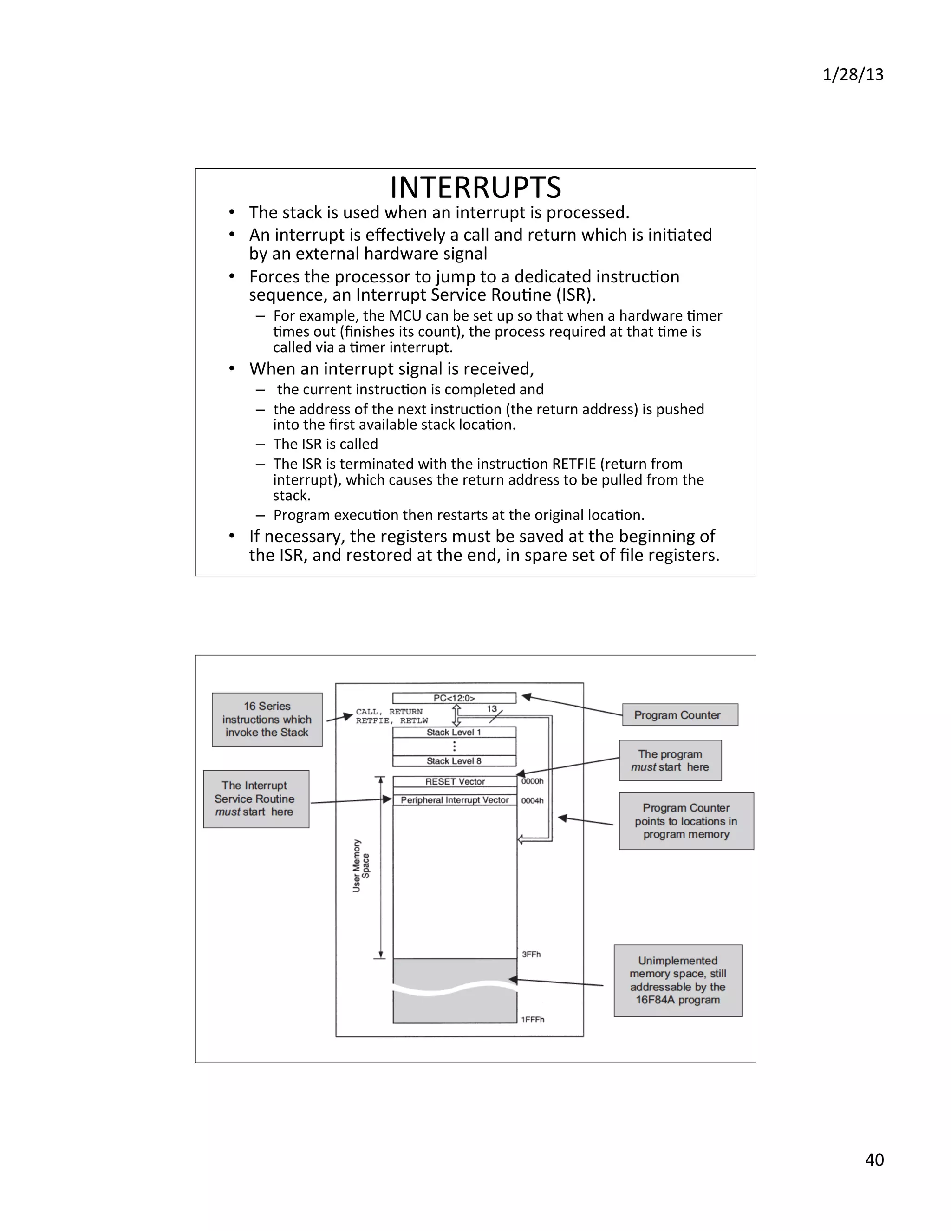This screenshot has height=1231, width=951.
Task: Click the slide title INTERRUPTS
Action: tap(475, 188)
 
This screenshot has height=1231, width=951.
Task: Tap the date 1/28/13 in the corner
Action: tap(853, 75)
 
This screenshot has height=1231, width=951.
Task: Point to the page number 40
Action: tap(874, 1159)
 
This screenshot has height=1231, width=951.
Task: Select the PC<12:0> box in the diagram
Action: tap(454, 698)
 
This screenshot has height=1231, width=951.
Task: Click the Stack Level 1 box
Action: tap(454, 732)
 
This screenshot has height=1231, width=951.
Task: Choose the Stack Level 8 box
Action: tap(454, 761)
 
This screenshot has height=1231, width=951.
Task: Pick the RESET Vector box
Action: tap(455, 782)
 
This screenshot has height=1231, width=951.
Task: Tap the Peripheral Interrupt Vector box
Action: tap(455, 800)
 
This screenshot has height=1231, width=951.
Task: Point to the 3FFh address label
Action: tap(531, 954)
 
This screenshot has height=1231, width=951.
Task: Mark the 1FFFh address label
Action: tap(533, 1019)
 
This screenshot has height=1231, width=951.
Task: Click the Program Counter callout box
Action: tap(679, 715)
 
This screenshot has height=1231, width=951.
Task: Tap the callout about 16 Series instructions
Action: tap(267, 719)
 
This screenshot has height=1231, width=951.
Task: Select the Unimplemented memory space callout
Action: tap(678, 980)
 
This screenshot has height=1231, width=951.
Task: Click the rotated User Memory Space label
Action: tap(361, 866)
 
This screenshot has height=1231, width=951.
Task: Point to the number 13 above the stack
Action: tap(492, 708)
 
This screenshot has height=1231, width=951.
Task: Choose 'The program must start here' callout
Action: tap(670, 760)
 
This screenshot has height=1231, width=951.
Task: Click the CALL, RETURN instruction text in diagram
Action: tap(389, 711)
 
